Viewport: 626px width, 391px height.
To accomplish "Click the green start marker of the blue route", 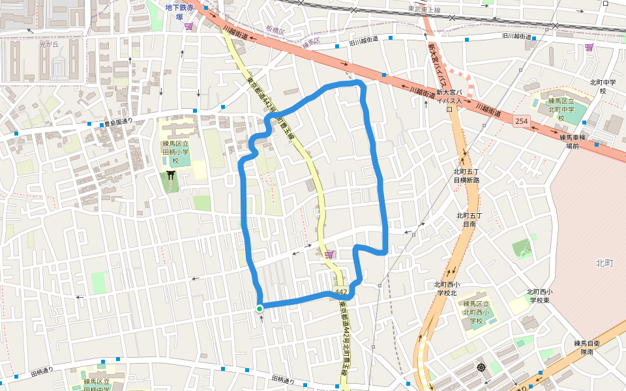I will [260, 309].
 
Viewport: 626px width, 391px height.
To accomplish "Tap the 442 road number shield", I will [340, 291].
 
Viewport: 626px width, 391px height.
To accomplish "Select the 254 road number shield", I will [520, 121].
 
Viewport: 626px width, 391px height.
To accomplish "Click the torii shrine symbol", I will [171, 175].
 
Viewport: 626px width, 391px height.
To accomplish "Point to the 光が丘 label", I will [49, 45].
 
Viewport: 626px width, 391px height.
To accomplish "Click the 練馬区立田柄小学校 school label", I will [175, 152].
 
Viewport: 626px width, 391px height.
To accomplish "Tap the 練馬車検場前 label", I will [573, 141].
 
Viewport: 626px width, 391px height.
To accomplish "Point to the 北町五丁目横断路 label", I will [466, 175].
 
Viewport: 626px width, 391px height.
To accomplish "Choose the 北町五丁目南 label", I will [469, 219].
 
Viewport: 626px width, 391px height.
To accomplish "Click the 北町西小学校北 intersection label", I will [447, 288].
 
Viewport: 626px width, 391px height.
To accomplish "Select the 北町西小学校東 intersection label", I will [540, 296].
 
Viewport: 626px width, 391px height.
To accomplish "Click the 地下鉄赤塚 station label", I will [179, 12].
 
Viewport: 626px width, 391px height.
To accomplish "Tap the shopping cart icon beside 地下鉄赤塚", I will [189, 26].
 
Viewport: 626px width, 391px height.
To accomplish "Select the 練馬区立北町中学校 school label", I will [561, 109].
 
